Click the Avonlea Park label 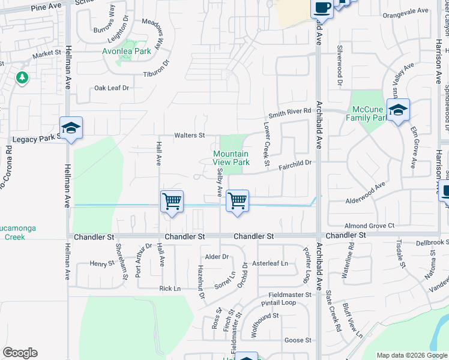coord(134,51)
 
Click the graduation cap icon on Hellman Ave coord(71,128)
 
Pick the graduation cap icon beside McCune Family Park coord(398,110)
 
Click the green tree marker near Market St coord(22,77)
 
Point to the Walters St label coord(190,136)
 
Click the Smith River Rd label coord(290,112)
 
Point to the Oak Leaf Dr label coord(112,88)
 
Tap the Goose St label coord(298,340)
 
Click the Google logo coord(20,353)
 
